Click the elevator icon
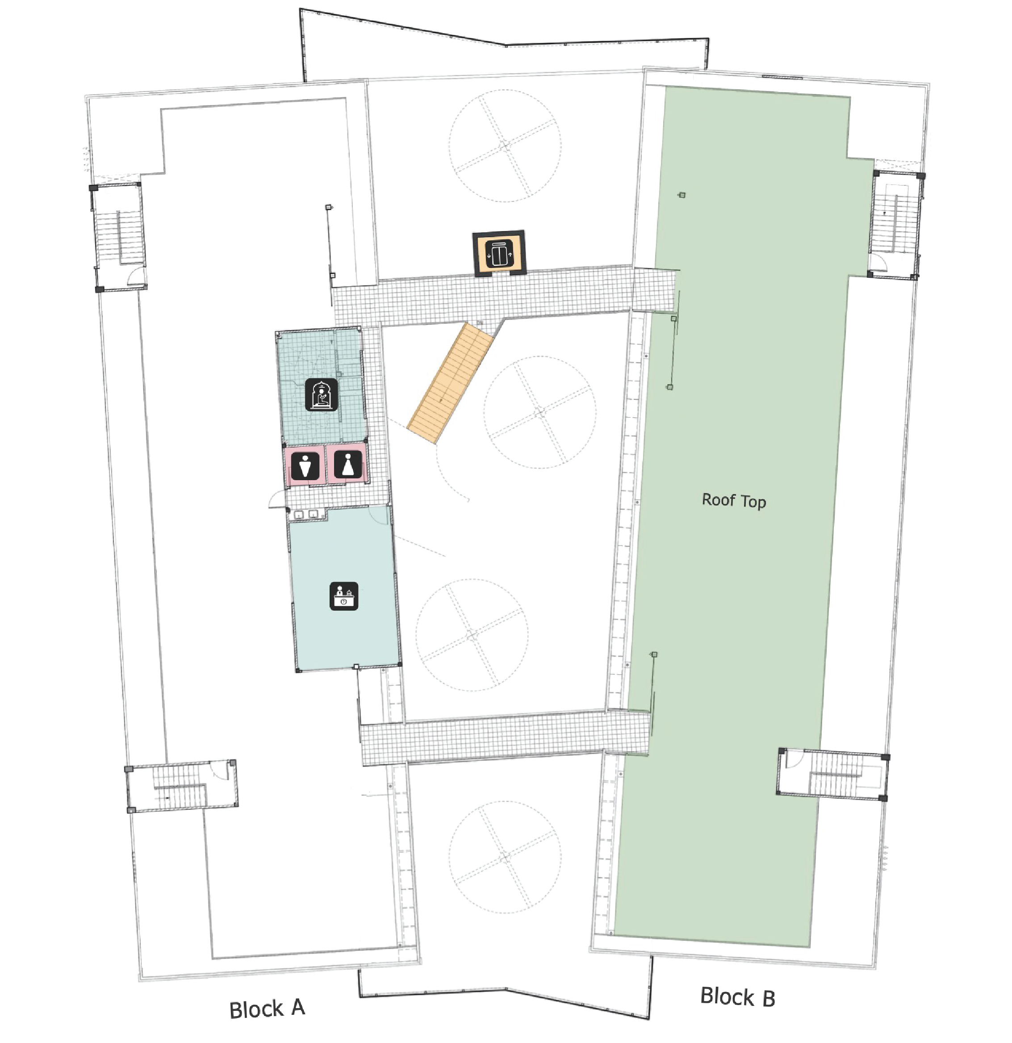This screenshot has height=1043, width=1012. pyautogui.click(x=498, y=254)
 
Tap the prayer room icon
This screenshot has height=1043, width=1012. pyautogui.click(x=322, y=394)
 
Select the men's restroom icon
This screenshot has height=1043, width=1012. pyautogui.click(x=305, y=466)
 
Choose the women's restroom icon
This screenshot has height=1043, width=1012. pyautogui.click(x=348, y=465)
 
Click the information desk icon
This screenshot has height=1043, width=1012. pyautogui.click(x=344, y=596)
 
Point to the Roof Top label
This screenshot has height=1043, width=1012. pyautogui.click(x=734, y=500)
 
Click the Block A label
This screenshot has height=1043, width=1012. pyautogui.click(x=267, y=1008)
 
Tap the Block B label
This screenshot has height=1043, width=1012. pyautogui.click(x=738, y=997)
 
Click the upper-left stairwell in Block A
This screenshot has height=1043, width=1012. pyautogui.click(x=118, y=237)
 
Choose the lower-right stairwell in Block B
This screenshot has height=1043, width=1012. pyautogui.click(x=833, y=774)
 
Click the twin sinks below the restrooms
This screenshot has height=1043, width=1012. pyautogui.click(x=306, y=515)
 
